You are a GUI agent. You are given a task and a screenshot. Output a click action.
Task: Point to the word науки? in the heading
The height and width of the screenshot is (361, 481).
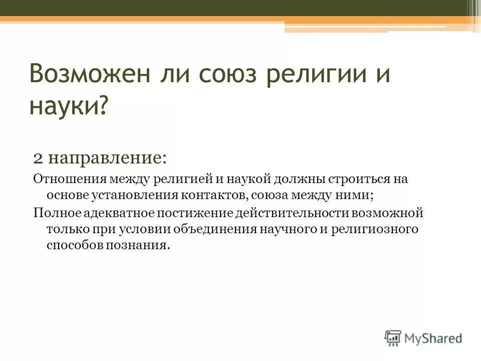[69, 106]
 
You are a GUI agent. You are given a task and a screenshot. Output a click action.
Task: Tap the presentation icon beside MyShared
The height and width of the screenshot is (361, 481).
[393, 338]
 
